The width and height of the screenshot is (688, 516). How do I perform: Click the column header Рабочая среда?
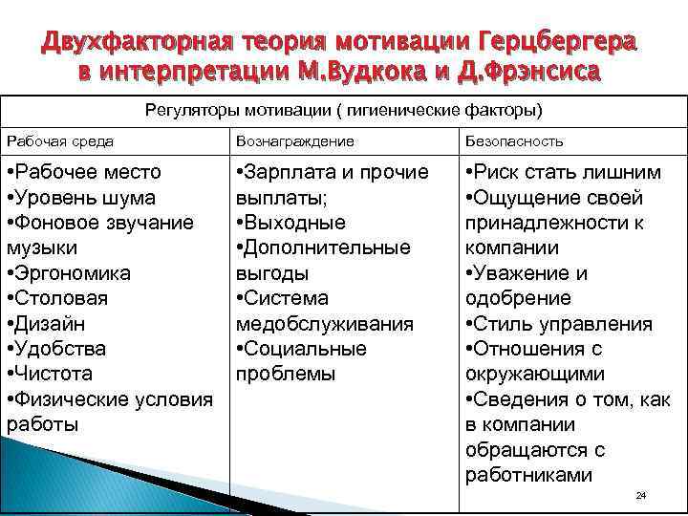tap(60, 140)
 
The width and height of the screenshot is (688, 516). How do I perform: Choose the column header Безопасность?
tap(514, 140)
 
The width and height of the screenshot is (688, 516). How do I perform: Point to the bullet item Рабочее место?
tap(83, 173)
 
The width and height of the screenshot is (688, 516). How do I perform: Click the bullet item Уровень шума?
tap(80, 198)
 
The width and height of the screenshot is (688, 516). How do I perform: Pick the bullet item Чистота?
tap(53, 374)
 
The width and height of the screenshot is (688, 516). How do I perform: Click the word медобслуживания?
tap(325, 324)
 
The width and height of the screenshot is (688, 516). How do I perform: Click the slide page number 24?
tap(641, 496)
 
